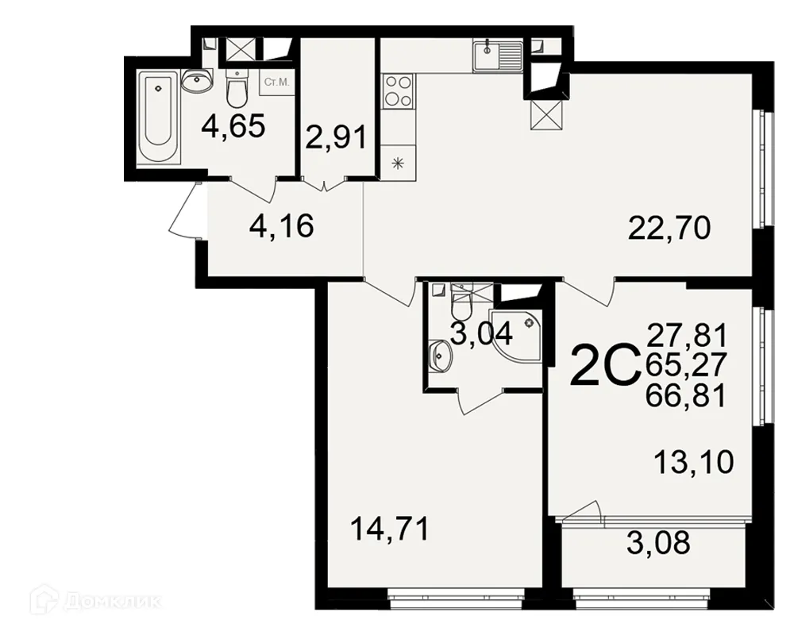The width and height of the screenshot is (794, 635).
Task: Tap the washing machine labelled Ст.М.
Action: point(278,83)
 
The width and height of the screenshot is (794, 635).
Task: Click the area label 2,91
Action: point(335,138)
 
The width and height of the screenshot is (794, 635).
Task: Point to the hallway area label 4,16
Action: point(282,228)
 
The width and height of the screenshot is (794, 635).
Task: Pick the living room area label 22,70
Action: point(669,229)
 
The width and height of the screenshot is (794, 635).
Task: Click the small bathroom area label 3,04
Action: point(482,333)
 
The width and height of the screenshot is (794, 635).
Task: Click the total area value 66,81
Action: point(687,394)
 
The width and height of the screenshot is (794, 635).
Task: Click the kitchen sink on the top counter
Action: point(497,56)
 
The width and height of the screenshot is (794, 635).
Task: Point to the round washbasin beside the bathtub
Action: point(195,80)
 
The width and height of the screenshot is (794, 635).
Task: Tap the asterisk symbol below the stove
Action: point(397,164)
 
